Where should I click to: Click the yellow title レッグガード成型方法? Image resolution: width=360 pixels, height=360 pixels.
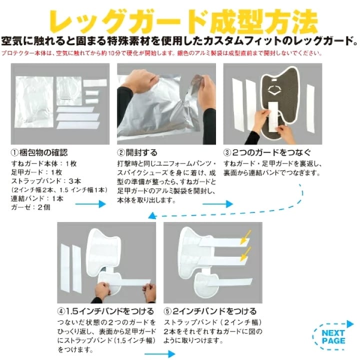pyautogui.click(x=183, y=21)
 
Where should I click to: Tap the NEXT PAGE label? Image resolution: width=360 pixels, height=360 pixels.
pyautogui.click(x=333, y=337)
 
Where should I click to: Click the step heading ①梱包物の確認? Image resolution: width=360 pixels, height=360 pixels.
pyautogui.click(x=39, y=152)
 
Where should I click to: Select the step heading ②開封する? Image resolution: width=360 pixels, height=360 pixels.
pyautogui.click(x=137, y=152)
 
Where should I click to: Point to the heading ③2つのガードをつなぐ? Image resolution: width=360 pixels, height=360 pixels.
pyautogui.click(x=267, y=152)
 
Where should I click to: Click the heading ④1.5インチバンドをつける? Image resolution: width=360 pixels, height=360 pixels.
pyautogui.click(x=105, y=311)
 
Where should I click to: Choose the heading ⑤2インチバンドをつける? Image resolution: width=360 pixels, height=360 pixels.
pyautogui.click(x=210, y=311)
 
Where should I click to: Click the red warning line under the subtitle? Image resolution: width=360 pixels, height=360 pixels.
pyautogui.click(x=161, y=53)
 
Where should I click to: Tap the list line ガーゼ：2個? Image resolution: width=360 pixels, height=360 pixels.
pyautogui.click(x=30, y=207)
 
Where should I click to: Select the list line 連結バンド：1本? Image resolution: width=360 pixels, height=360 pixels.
pyautogui.click(x=37, y=198)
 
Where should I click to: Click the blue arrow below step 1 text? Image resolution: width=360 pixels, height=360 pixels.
pyautogui.click(x=90, y=203)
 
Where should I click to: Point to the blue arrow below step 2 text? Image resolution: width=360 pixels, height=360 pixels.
pyautogui.click(x=217, y=203)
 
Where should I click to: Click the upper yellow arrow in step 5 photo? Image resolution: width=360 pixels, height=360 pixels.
pyautogui.click(x=245, y=237)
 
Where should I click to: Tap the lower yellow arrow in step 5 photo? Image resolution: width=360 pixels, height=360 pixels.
pyautogui.click(x=245, y=254)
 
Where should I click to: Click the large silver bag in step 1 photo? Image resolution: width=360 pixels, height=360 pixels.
pyautogui.click(x=34, y=102)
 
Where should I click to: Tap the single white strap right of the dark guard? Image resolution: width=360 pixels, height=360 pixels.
pyautogui.click(x=310, y=108)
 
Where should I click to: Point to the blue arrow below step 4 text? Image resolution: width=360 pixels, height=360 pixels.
pyautogui.click(x=160, y=354)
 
